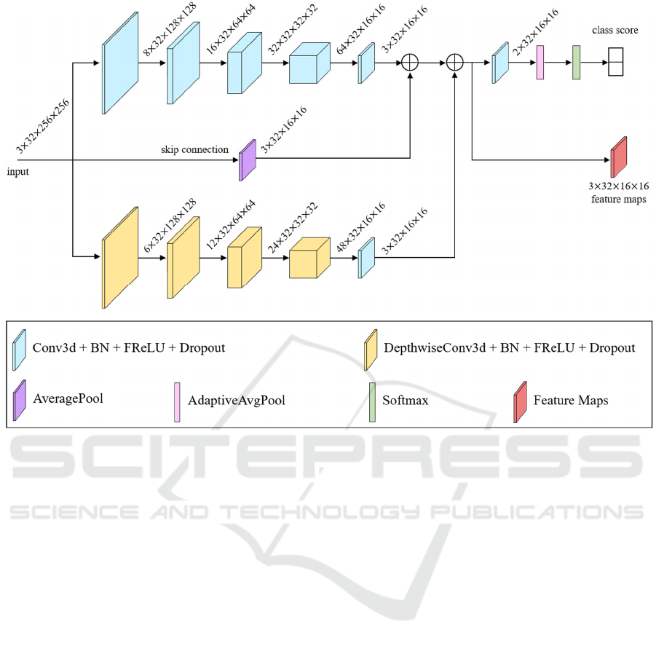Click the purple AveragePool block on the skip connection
pyautogui.click(x=248, y=159)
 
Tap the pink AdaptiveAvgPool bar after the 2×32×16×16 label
pyautogui.click(x=540, y=63)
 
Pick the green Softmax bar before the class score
pyautogui.click(x=576, y=63)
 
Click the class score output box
pyautogui.click(x=617, y=62)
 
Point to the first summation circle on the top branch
pyautogui.click(x=411, y=63)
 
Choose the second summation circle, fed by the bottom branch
pyautogui.click(x=455, y=63)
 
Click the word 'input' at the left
pyautogui.click(x=18, y=172)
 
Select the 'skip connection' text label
pyautogui.click(x=195, y=150)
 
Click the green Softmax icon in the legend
pyautogui.click(x=373, y=402)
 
